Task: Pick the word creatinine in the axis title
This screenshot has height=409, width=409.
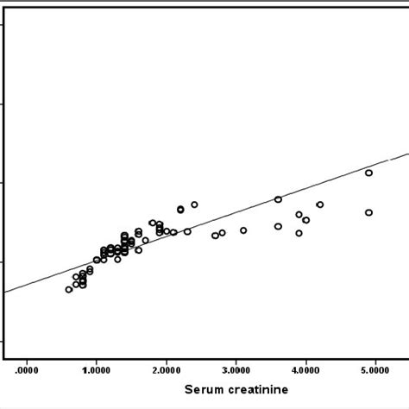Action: tap(259, 390)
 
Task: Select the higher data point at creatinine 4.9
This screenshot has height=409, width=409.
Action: tap(368, 173)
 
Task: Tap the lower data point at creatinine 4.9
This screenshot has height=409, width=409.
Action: tap(368, 212)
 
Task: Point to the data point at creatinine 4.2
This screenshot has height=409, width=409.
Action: tap(320, 204)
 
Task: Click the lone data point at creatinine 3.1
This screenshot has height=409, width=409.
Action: tap(243, 230)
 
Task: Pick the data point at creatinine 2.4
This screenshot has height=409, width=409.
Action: tap(194, 204)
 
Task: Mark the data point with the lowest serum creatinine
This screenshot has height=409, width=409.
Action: tap(69, 289)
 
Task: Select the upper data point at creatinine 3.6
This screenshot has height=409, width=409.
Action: tap(278, 199)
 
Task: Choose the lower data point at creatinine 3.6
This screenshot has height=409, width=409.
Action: tap(278, 226)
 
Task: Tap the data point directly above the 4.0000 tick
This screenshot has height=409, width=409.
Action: tap(305, 220)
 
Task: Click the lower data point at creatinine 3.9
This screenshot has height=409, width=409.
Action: tap(299, 233)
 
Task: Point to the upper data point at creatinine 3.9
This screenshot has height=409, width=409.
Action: tap(299, 215)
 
